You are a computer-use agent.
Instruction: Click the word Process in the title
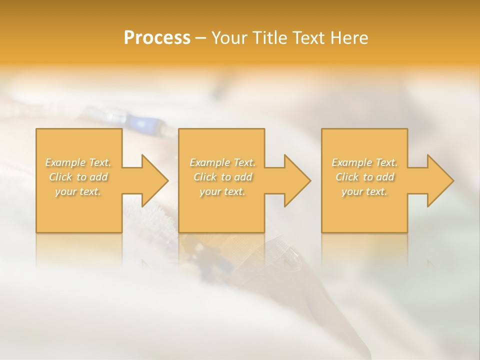(x=157, y=38)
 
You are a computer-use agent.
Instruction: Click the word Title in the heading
(x=269, y=38)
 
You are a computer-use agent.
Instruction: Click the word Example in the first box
(x=66, y=162)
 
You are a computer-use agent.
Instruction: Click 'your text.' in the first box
(x=78, y=191)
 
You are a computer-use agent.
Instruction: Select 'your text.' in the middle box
(x=222, y=191)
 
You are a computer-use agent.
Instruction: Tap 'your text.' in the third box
(x=364, y=191)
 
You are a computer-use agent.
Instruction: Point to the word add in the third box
(x=385, y=177)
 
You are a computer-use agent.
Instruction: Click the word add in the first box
(x=98, y=177)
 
